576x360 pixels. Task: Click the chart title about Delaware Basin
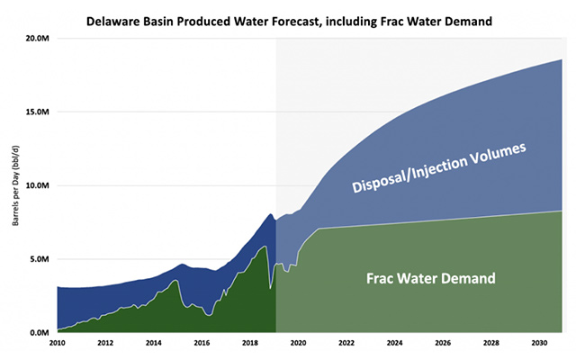point(289,21)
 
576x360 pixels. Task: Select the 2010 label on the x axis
point(57,344)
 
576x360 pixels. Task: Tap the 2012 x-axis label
point(105,344)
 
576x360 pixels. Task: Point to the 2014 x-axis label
point(154,344)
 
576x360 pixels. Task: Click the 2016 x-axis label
point(202,344)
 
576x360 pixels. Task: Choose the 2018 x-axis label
point(251,344)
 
